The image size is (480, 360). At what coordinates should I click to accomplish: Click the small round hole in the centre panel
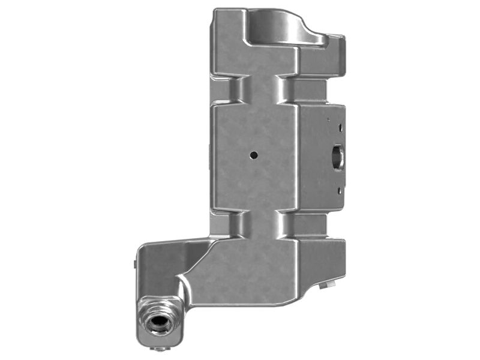(x=254, y=155)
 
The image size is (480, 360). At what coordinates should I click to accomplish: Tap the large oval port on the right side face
(x=336, y=157)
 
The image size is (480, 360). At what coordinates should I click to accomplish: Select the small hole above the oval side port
(x=340, y=127)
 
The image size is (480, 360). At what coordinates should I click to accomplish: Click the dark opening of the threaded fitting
(x=159, y=325)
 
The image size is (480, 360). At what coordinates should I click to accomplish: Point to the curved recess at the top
(x=276, y=26)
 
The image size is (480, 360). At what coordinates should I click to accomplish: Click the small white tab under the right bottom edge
(x=327, y=285)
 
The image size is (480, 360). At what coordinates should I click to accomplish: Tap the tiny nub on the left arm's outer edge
(x=134, y=262)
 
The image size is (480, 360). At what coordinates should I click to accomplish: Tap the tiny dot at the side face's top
(x=328, y=119)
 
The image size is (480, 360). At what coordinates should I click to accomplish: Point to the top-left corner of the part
(x=216, y=11)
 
